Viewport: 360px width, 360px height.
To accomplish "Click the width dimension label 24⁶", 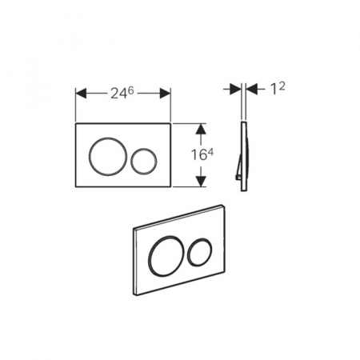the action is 122,94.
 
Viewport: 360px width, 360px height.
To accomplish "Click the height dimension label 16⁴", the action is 202,154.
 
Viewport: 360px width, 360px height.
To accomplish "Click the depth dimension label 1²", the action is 278,89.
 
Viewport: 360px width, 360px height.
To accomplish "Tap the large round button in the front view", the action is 89,157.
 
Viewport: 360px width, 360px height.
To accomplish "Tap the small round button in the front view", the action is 130,161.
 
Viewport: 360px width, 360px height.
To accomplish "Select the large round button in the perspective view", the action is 149,257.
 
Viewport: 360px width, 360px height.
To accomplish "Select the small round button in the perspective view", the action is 188,252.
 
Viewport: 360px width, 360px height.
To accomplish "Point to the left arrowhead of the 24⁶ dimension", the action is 81,94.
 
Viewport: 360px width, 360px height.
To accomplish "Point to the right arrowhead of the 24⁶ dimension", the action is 166,94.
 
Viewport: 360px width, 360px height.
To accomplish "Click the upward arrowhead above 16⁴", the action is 201,129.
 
